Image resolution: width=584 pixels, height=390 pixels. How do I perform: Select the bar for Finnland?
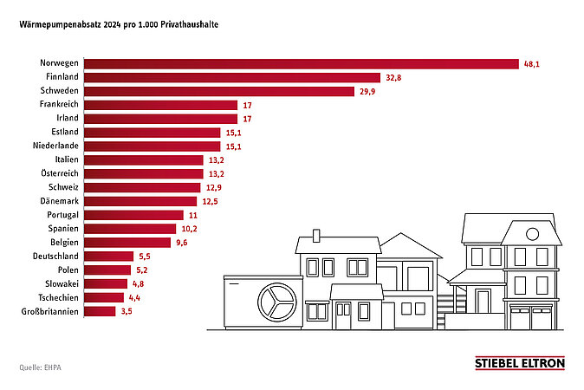[x=232, y=78]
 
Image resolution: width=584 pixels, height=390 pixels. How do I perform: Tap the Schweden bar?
[x=219, y=91]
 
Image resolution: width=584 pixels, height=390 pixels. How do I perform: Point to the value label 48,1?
[x=531, y=64]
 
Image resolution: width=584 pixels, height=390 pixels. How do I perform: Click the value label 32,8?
[x=393, y=78]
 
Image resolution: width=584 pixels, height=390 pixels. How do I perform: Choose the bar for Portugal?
[x=133, y=215]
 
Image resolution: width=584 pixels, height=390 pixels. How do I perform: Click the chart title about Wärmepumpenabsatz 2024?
[x=119, y=25]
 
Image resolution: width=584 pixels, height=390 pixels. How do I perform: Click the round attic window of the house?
[x=532, y=233]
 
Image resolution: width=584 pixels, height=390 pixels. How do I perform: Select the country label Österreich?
[x=58, y=173]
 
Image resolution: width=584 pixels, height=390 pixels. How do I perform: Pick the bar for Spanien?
[x=130, y=229]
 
